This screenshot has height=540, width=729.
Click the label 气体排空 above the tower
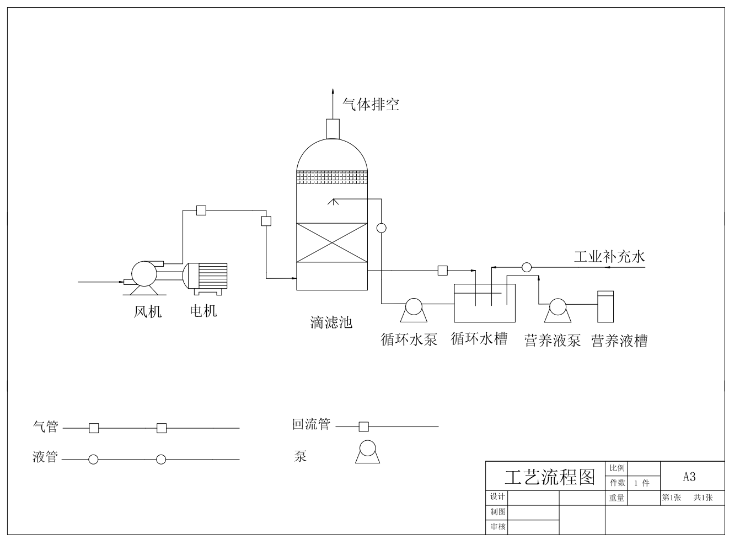click(x=371, y=104)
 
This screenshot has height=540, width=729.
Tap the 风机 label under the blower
click(x=148, y=311)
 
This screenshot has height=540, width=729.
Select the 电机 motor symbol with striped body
click(x=205, y=278)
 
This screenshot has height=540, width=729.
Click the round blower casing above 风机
click(x=144, y=274)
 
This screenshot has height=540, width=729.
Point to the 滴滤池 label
click(x=331, y=322)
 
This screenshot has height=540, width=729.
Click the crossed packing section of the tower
click(x=332, y=243)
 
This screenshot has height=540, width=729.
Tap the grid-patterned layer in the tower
click(x=332, y=177)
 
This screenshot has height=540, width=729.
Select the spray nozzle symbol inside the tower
click(x=333, y=201)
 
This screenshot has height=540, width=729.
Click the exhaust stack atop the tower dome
click(x=333, y=129)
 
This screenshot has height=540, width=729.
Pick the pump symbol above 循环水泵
click(x=414, y=310)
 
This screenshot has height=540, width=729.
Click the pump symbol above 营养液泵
click(x=558, y=310)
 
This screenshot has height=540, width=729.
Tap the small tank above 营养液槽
click(x=605, y=306)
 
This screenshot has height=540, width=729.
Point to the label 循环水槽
click(x=479, y=339)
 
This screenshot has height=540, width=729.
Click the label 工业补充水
click(x=610, y=257)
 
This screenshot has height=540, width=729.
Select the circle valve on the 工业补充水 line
click(x=527, y=267)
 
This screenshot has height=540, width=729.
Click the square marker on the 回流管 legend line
click(x=363, y=426)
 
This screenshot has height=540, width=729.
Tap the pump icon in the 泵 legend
click(x=367, y=451)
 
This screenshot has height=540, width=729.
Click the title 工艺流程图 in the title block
click(x=550, y=477)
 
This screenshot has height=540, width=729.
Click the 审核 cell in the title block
click(x=497, y=527)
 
